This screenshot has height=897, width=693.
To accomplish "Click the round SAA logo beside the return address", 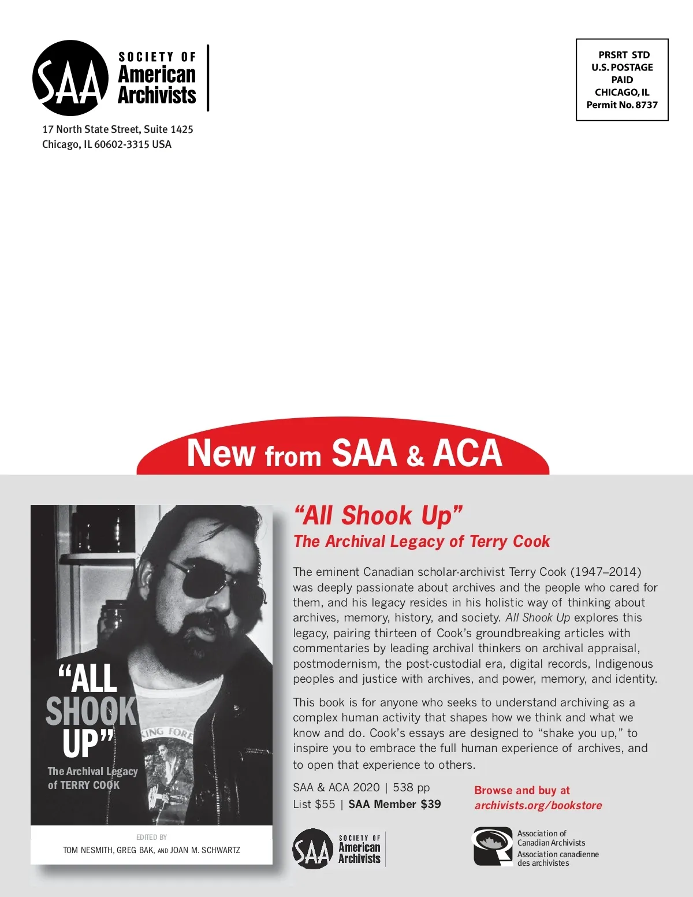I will tap(70, 79).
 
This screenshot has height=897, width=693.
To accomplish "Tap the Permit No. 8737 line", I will tap(622, 105).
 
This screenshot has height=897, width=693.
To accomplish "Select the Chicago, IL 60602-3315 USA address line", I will tap(107, 144).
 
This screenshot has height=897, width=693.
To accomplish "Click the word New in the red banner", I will tap(221, 453).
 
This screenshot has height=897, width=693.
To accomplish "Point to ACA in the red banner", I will tap(468, 453).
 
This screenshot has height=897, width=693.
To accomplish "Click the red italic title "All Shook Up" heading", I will tap(378, 515).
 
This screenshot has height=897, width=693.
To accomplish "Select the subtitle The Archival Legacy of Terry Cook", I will tap(422, 541).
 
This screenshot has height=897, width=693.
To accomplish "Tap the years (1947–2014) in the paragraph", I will tap(606, 572).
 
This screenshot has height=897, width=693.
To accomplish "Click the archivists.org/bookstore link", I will tap(538, 805).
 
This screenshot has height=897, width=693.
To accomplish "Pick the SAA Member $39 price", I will tap(394, 804).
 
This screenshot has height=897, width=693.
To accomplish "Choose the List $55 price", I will tap(314, 804).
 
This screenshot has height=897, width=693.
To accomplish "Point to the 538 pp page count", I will tap(411, 787).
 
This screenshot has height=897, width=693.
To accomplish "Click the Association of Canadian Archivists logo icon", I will tap(493, 847).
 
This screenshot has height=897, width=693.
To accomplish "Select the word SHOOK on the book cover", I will tap(91, 711).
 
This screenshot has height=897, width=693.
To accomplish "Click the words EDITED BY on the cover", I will tap(151, 837).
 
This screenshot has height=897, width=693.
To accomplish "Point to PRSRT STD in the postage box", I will tap(624, 55).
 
